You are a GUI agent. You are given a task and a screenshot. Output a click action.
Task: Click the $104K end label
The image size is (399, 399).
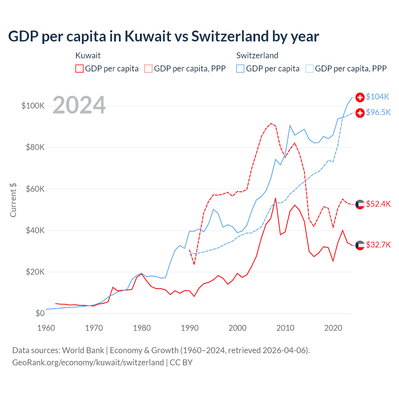pyautogui.click(x=377, y=97)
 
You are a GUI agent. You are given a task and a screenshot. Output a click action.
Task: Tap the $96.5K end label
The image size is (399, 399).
pyautogui.click(x=378, y=113)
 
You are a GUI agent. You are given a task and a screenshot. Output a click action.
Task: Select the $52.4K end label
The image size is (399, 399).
pyautogui.click(x=378, y=204)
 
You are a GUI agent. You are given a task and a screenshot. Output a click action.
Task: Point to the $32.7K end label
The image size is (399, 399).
pyautogui.click(x=378, y=245)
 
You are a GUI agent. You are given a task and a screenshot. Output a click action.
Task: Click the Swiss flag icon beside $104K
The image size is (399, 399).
pyautogui.click(x=360, y=97)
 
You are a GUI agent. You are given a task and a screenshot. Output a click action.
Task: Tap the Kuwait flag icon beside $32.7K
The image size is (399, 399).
pyautogui.click(x=360, y=245)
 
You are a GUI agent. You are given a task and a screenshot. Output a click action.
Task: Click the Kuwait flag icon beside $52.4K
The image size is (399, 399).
pyautogui.click(x=360, y=204)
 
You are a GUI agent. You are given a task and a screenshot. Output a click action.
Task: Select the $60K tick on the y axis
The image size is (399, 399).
pyautogui.click(x=35, y=189)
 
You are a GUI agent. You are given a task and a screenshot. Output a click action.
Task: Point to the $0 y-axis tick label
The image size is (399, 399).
pyautogui.click(x=40, y=313)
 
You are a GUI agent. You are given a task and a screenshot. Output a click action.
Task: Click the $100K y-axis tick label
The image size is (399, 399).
pyautogui.click(x=33, y=106)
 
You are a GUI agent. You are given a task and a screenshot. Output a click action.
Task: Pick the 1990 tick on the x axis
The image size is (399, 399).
pyautogui.click(x=190, y=328)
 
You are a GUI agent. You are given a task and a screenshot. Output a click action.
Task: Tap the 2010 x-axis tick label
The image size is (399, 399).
pyautogui.click(x=285, y=328)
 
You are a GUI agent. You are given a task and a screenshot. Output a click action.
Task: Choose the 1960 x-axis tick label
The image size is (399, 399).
pyautogui.click(x=46, y=328)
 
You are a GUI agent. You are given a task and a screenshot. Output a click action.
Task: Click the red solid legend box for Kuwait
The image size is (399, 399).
pyautogui.click(x=79, y=69)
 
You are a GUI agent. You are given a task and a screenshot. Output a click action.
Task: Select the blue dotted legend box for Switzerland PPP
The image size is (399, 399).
pyautogui.click(x=310, y=69)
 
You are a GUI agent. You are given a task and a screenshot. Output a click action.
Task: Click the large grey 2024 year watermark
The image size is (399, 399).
pyautogui.click(x=79, y=105)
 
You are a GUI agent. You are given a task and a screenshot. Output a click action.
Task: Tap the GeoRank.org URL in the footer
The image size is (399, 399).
pyautogui.click(x=88, y=363)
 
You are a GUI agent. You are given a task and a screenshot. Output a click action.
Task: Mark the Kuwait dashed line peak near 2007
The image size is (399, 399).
pyautogui.click(x=271, y=123)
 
